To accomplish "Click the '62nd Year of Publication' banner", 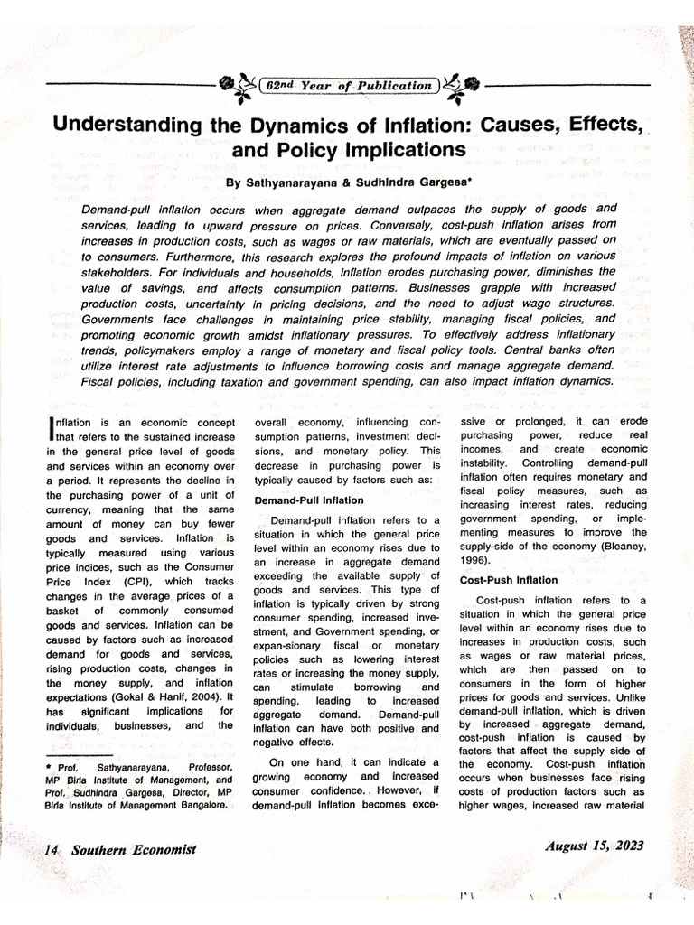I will tap(347, 86).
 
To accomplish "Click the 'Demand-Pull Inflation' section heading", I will tap(309, 500).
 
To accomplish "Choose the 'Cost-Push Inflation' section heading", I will tap(509, 580).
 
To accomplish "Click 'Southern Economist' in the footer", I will tap(130, 849).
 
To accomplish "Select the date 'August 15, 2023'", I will tap(595, 846).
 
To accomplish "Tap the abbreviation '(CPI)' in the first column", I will tap(126, 582).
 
